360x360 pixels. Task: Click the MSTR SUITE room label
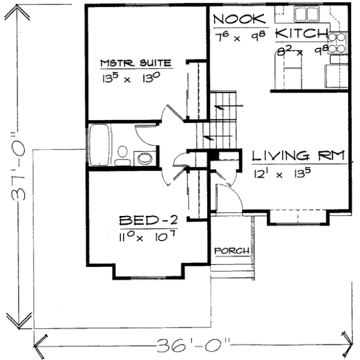click(x=136, y=62)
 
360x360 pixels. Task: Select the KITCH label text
click(x=302, y=34)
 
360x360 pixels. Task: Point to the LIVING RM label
click(x=299, y=156)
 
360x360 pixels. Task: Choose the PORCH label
click(x=232, y=250)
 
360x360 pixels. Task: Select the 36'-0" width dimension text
click(x=192, y=346)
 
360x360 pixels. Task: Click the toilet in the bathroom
click(x=122, y=154)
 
